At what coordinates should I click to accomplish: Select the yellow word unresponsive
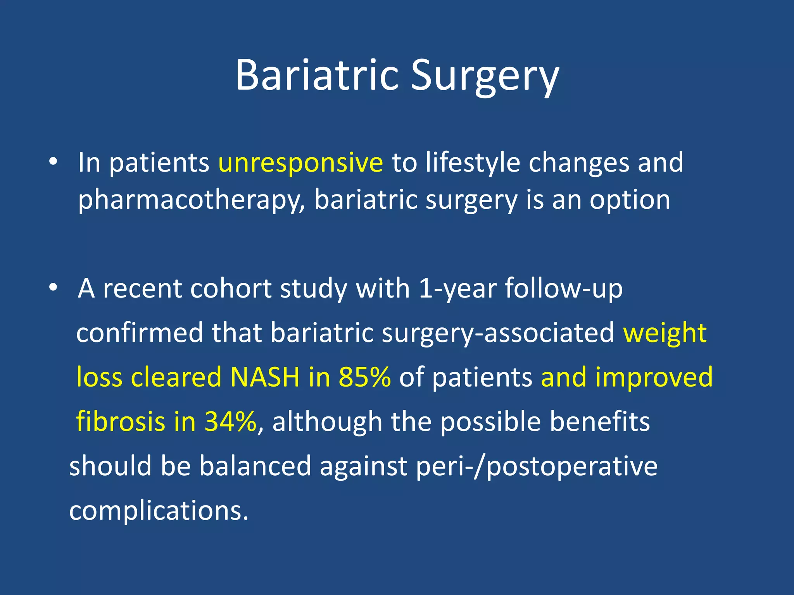[300, 162]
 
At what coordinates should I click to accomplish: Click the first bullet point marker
[53, 162]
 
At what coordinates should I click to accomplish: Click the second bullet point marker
[53, 288]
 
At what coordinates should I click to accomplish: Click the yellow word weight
[665, 333]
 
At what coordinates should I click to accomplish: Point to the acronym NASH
[265, 377]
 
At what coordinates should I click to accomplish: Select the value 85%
[364, 377]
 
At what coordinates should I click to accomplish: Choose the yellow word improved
[654, 377]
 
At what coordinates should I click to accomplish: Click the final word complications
[159, 510]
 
